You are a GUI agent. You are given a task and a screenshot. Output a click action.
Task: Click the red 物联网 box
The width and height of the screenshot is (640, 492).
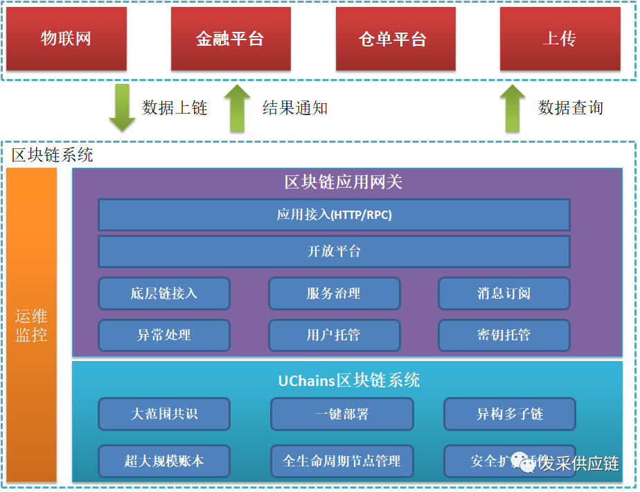coord(66,39)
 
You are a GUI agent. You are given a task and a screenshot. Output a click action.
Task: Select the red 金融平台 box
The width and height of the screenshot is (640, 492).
coord(230,39)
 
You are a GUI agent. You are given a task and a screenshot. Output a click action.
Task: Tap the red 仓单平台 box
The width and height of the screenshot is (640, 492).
coord(395,39)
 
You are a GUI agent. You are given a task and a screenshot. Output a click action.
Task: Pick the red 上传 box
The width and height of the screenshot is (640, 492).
coord(560,39)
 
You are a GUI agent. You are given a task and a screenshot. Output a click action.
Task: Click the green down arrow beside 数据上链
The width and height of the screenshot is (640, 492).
coord(123,107)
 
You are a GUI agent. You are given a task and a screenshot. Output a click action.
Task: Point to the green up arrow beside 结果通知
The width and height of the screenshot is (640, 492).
coord(238,107)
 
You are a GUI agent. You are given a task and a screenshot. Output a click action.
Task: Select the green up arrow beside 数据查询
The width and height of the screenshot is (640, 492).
coord(513,107)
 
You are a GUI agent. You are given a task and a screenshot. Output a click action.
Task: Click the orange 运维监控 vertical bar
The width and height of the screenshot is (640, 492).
coord(32,324)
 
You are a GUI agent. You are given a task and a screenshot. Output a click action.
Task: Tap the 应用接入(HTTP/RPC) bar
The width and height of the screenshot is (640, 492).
coord(334,215)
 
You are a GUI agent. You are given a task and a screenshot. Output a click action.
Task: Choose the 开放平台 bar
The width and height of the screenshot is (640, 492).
coord(334,252)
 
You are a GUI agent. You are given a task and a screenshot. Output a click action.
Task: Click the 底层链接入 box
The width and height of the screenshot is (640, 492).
coord(164,293)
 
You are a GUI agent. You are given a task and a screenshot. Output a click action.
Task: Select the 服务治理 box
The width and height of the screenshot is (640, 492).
coord(334,293)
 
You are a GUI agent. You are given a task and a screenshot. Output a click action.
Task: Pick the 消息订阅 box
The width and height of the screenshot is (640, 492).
coord(504,293)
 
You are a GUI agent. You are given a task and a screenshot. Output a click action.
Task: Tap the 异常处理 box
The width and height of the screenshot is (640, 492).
coord(164,335)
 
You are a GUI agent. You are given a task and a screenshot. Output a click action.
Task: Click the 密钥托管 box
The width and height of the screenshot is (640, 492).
coord(504,335)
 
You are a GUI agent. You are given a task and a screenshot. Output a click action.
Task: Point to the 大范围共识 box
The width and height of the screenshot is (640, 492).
coord(164,414)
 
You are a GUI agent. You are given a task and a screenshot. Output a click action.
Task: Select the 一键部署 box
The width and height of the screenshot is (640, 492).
coord(341,414)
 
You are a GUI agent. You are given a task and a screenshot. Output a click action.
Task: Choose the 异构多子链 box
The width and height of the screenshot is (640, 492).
coord(509,414)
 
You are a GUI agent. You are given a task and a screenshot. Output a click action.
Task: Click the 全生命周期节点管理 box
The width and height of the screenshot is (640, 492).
coord(341,461)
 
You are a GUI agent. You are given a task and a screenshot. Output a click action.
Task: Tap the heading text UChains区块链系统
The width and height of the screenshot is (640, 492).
coord(349,380)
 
